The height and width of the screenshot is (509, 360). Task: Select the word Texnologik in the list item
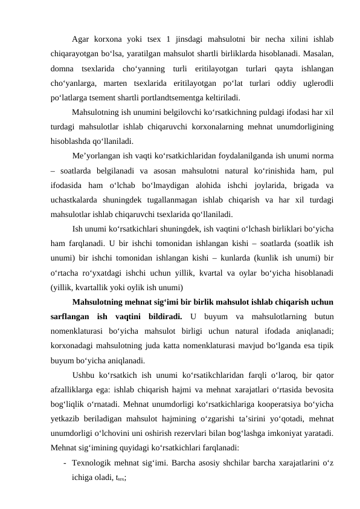(94, 464)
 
